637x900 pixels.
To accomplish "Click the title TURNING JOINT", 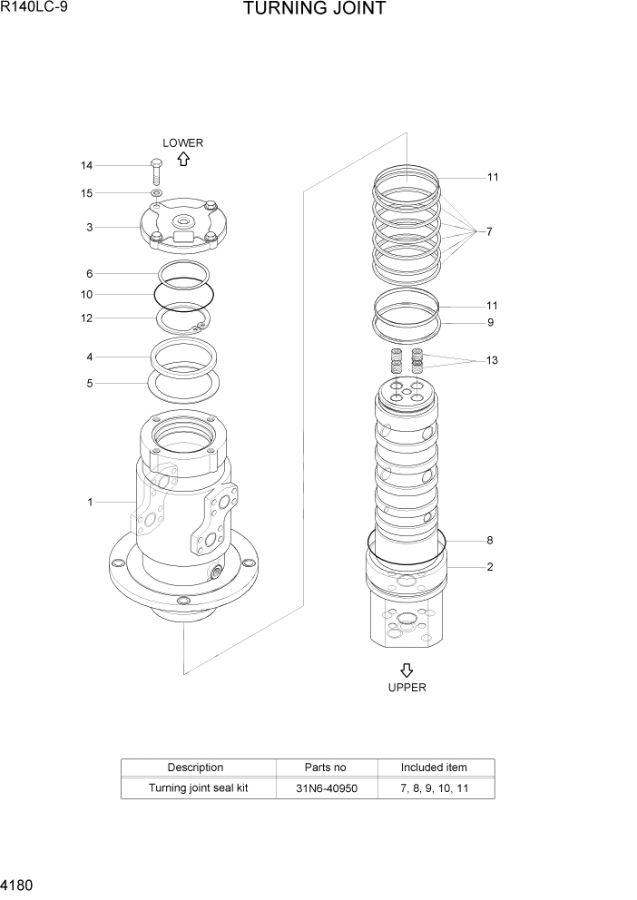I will click(x=315, y=10).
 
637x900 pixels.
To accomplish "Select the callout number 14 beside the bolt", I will click(x=86, y=166).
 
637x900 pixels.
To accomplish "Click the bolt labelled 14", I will click(x=155, y=171).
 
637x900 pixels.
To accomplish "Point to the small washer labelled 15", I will click(x=156, y=193).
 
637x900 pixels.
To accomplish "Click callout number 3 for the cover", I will click(x=89, y=228).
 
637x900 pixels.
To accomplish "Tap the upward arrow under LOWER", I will click(x=182, y=159).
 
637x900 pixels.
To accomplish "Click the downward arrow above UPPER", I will click(x=407, y=670).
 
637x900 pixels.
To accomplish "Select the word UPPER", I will click(x=407, y=688).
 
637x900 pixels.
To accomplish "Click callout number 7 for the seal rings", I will click(x=489, y=232).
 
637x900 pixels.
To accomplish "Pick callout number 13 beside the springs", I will click(x=491, y=360).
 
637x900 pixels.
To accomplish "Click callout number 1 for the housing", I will click(x=90, y=502).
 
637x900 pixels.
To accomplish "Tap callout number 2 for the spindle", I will click(x=489, y=567).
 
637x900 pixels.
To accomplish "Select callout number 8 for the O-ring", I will click(x=489, y=541).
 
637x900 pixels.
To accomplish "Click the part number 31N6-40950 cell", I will click(x=327, y=788).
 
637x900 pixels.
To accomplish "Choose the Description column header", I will click(x=195, y=768).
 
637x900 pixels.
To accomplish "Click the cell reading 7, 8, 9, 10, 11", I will click(x=434, y=788).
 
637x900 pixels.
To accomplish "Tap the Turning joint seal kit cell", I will click(x=198, y=788).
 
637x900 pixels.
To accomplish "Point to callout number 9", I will click(x=490, y=322).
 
